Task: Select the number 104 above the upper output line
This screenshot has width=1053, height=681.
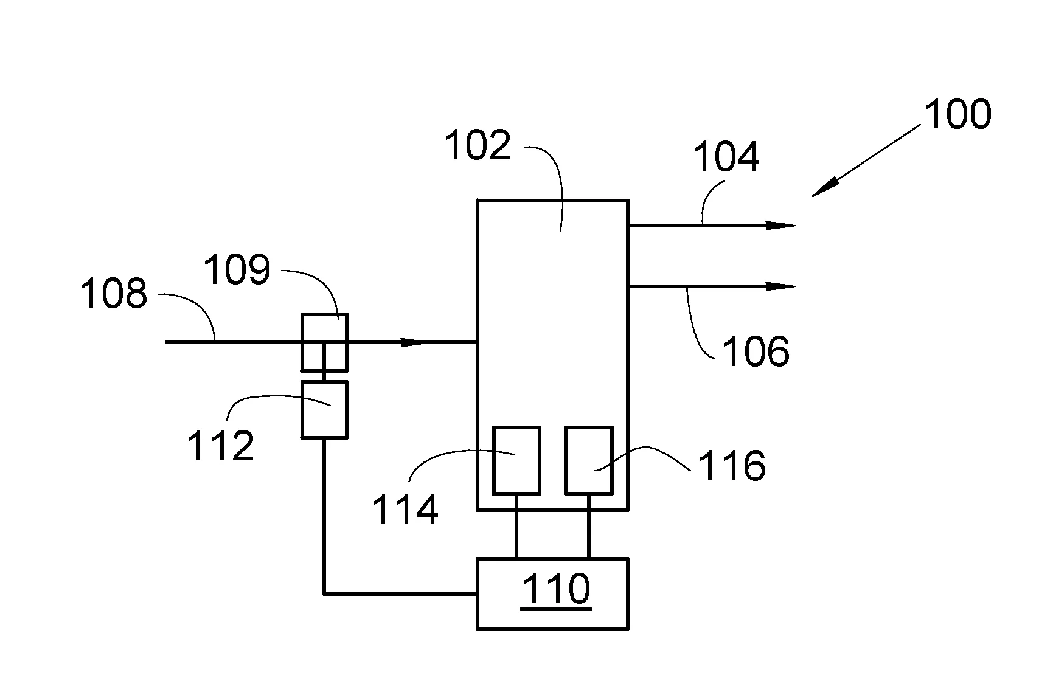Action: click(x=726, y=157)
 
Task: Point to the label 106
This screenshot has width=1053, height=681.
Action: click(x=756, y=351)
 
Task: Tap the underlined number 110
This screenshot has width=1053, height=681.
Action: click(x=557, y=589)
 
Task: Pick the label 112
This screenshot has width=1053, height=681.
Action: click(x=220, y=446)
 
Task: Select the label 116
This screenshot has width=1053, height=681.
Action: click(x=732, y=466)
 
